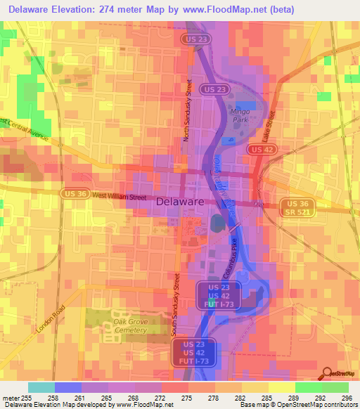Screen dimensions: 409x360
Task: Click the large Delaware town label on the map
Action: [x=179, y=201]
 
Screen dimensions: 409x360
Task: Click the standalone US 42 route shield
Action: [x=261, y=150]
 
